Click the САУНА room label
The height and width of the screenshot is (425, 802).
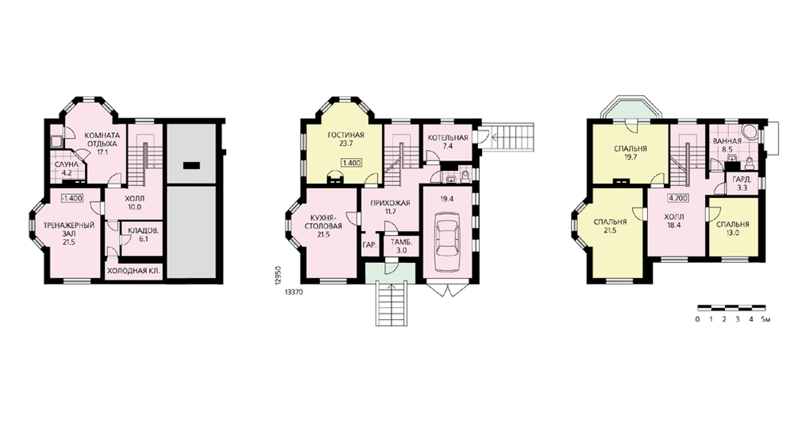(67, 164)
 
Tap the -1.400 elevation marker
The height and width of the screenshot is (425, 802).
(71, 198)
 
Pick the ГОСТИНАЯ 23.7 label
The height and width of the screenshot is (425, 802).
(346, 139)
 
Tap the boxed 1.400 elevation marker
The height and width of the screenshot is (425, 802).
(351, 164)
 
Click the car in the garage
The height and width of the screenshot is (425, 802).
(447, 242)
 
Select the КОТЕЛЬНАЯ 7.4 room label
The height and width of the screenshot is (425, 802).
(448, 142)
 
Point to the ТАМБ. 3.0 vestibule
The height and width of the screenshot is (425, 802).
(398, 246)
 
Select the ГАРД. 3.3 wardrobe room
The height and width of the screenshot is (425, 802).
(742, 184)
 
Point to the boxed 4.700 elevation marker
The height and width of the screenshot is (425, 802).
(678, 198)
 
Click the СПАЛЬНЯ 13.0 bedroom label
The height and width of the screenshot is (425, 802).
(732, 229)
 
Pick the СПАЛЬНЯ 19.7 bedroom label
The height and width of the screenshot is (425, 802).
(630, 153)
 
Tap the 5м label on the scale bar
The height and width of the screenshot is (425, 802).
(766, 320)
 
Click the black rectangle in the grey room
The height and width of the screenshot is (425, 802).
(191, 165)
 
